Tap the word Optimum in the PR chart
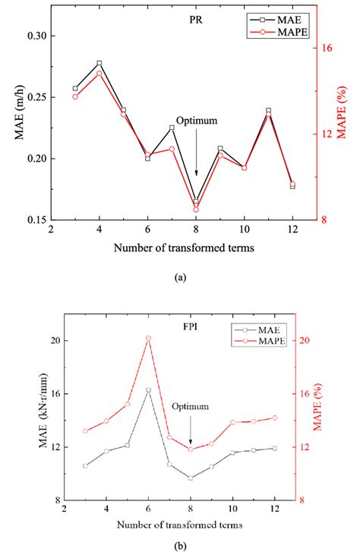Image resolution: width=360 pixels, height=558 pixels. (x=197, y=121)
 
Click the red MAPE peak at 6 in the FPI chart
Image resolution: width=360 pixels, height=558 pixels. (x=148, y=338)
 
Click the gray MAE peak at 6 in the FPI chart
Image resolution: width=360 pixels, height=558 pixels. (x=148, y=390)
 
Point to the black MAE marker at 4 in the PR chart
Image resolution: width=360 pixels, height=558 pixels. (x=99, y=63)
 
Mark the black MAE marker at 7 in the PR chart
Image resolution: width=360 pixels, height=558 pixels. (x=172, y=128)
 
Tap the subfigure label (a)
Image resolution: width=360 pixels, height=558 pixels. (x=179, y=278)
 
